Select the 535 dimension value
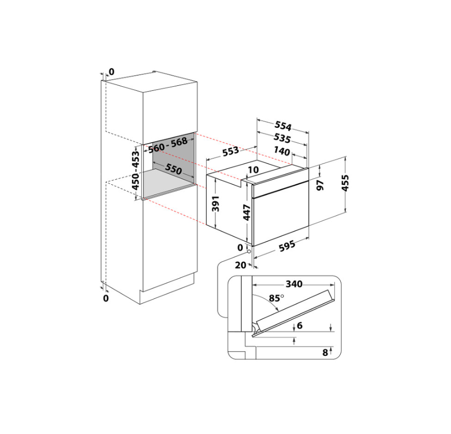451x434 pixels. point(282,138)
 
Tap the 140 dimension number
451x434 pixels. point(282,151)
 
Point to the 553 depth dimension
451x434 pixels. point(231,151)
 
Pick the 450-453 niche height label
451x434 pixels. point(135,170)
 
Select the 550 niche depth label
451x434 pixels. point(173,169)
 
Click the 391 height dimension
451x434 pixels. point(216,204)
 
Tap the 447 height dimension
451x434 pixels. point(247,212)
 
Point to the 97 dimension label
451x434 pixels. point(320,185)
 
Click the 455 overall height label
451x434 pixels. point(345,183)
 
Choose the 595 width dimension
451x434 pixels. point(287,246)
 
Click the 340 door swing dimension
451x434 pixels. point(294,284)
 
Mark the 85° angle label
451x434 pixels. point(276,298)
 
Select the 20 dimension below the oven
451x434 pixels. point(240,265)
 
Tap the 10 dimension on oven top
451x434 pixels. point(253,170)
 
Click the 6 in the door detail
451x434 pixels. point(300,325)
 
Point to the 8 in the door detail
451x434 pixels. point(325,352)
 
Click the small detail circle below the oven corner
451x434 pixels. point(249,251)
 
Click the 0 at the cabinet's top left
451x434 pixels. point(111,72)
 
